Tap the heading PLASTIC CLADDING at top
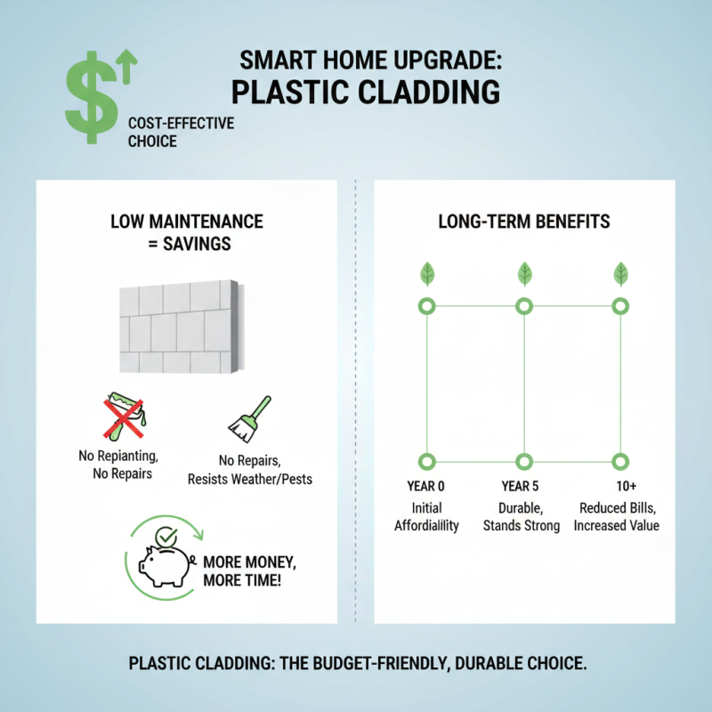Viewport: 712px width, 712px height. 365,93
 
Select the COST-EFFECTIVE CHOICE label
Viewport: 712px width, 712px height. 181,132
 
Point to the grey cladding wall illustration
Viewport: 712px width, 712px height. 178,328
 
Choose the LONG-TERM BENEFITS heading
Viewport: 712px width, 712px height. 524,221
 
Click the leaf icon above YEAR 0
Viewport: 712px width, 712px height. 427,273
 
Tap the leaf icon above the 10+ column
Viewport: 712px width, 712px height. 621,273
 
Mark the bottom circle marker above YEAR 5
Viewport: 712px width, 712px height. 524,461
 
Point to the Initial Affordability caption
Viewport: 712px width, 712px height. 426,516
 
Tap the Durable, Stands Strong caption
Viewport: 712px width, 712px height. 522,516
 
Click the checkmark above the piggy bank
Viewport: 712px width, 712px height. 166,537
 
